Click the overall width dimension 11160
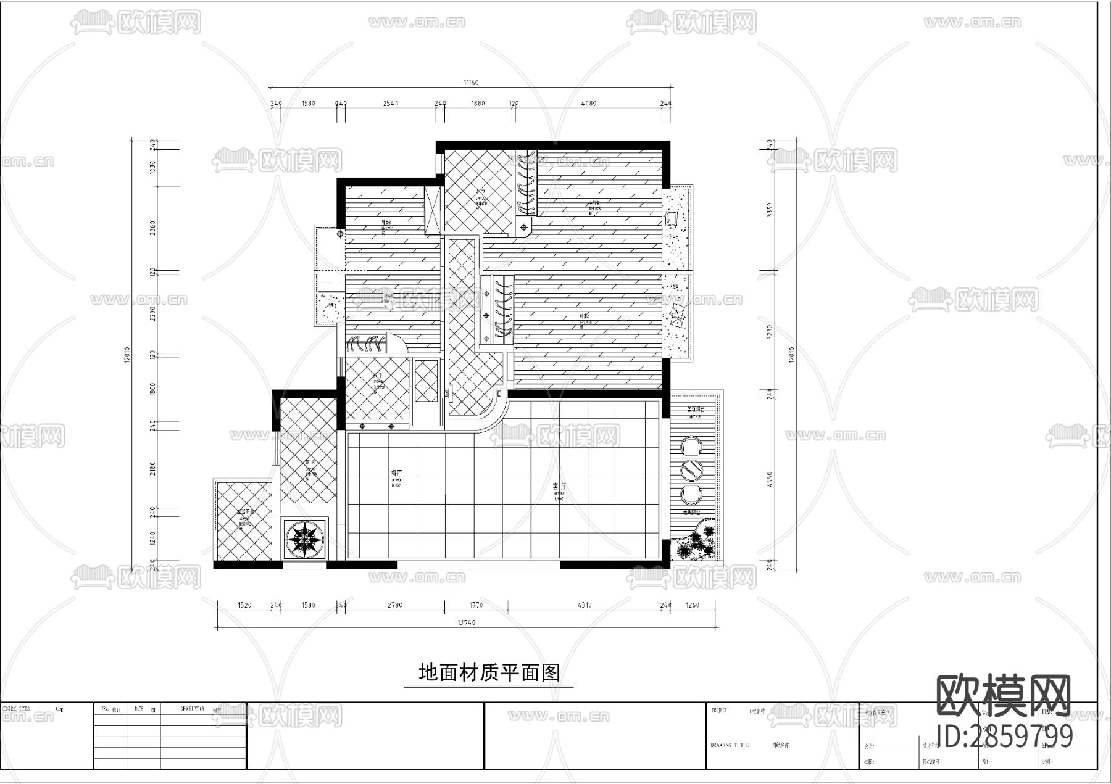(470, 83)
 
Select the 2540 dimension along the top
(390, 104)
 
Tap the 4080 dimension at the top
(588, 104)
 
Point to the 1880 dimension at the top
(478, 104)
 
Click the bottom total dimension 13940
(466, 623)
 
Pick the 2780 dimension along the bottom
(394, 605)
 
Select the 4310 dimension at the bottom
(584, 605)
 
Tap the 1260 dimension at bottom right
(692, 605)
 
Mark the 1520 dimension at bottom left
(244, 605)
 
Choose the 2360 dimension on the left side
(153, 228)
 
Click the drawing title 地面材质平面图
(489, 672)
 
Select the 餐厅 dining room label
(396, 472)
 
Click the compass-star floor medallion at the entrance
(304, 538)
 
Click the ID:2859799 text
(1004, 736)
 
